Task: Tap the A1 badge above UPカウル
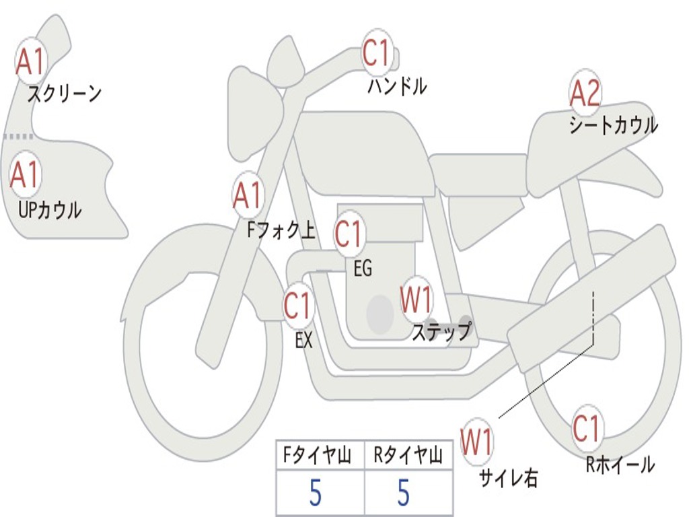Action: (x=25, y=175)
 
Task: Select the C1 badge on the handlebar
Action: (x=377, y=53)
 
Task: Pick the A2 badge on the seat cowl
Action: (x=585, y=94)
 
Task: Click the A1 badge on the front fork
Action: (x=248, y=196)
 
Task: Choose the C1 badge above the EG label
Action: (x=349, y=234)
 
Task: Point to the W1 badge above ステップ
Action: (x=416, y=300)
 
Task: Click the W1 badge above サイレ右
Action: (x=476, y=442)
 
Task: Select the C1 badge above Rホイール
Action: (x=586, y=429)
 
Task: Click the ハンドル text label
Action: (x=397, y=86)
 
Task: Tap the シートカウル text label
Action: (x=613, y=125)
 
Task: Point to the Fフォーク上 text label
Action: (x=281, y=232)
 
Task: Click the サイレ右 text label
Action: (x=508, y=478)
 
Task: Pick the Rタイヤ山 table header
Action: (x=408, y=457)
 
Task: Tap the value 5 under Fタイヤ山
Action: (x=315, y=493)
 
